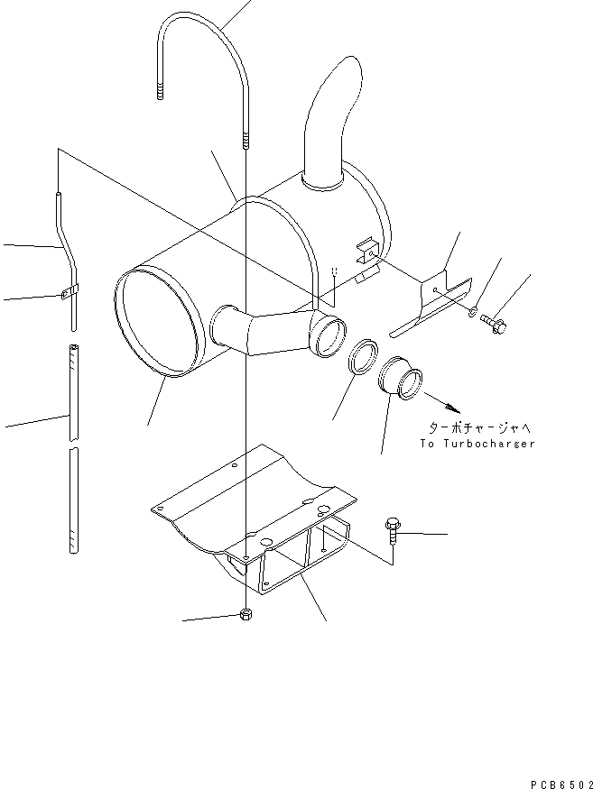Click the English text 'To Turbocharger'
click(477, 444)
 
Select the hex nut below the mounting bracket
click(246, 615)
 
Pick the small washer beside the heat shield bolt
click(475, 312)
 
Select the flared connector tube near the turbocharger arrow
click(403, 379)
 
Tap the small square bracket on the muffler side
click(365, 251)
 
